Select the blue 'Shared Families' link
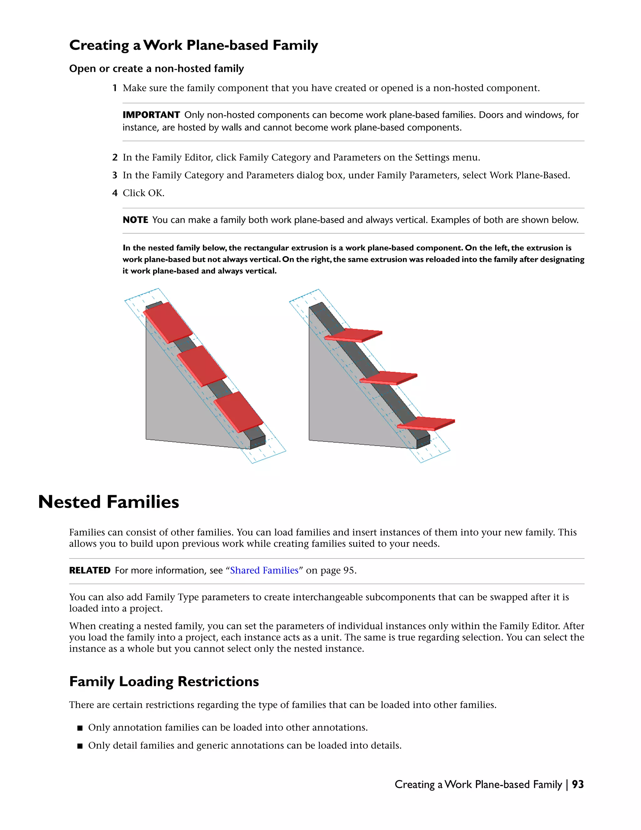coord(264,570)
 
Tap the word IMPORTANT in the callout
coord(151,115)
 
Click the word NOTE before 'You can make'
coord(135,220)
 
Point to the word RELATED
coord(90,570)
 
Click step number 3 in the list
coord(115,175)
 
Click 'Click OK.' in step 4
coord(144,193)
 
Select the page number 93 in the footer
coord(577,784)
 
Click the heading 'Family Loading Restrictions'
coord(164,682)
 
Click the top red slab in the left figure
coord(168,322)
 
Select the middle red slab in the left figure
coord(202,366)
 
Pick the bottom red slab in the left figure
coord(238,412)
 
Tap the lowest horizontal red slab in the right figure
coord(426,423)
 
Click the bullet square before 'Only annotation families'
coord(80,728)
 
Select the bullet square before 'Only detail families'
coord(80,746)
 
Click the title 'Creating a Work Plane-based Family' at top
coord(194,45)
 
